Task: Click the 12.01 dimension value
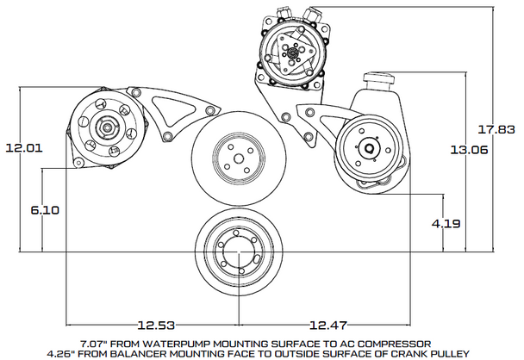coord(24,147)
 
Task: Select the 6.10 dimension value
coord(44,209)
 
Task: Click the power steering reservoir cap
coord(379,79)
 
